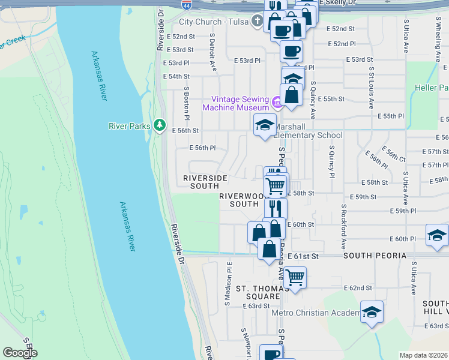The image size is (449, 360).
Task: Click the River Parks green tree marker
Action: pyautogui.click(x=159, y=125)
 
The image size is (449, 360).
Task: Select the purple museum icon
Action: pyautogui.click(x=277, y=103)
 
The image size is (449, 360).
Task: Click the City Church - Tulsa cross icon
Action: pyautogui.click(x=258, y=22)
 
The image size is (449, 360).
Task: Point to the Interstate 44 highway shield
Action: pyautogui.click(x=187, y=4)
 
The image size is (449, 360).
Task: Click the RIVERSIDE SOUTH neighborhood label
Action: pyautogui.click(x=205, y=182)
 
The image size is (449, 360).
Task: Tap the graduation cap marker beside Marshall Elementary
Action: pyautogui.click(x=265, y=125)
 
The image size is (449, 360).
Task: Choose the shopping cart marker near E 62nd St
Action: pyautogui.click(x=294, y=278)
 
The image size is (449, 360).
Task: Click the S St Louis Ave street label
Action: pyautogui.click(x=372, y=86)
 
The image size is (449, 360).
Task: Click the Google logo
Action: pyautogui.click(x=20, y=353)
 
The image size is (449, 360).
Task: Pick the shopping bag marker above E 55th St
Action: pyautogui.click(x=292, y=95)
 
